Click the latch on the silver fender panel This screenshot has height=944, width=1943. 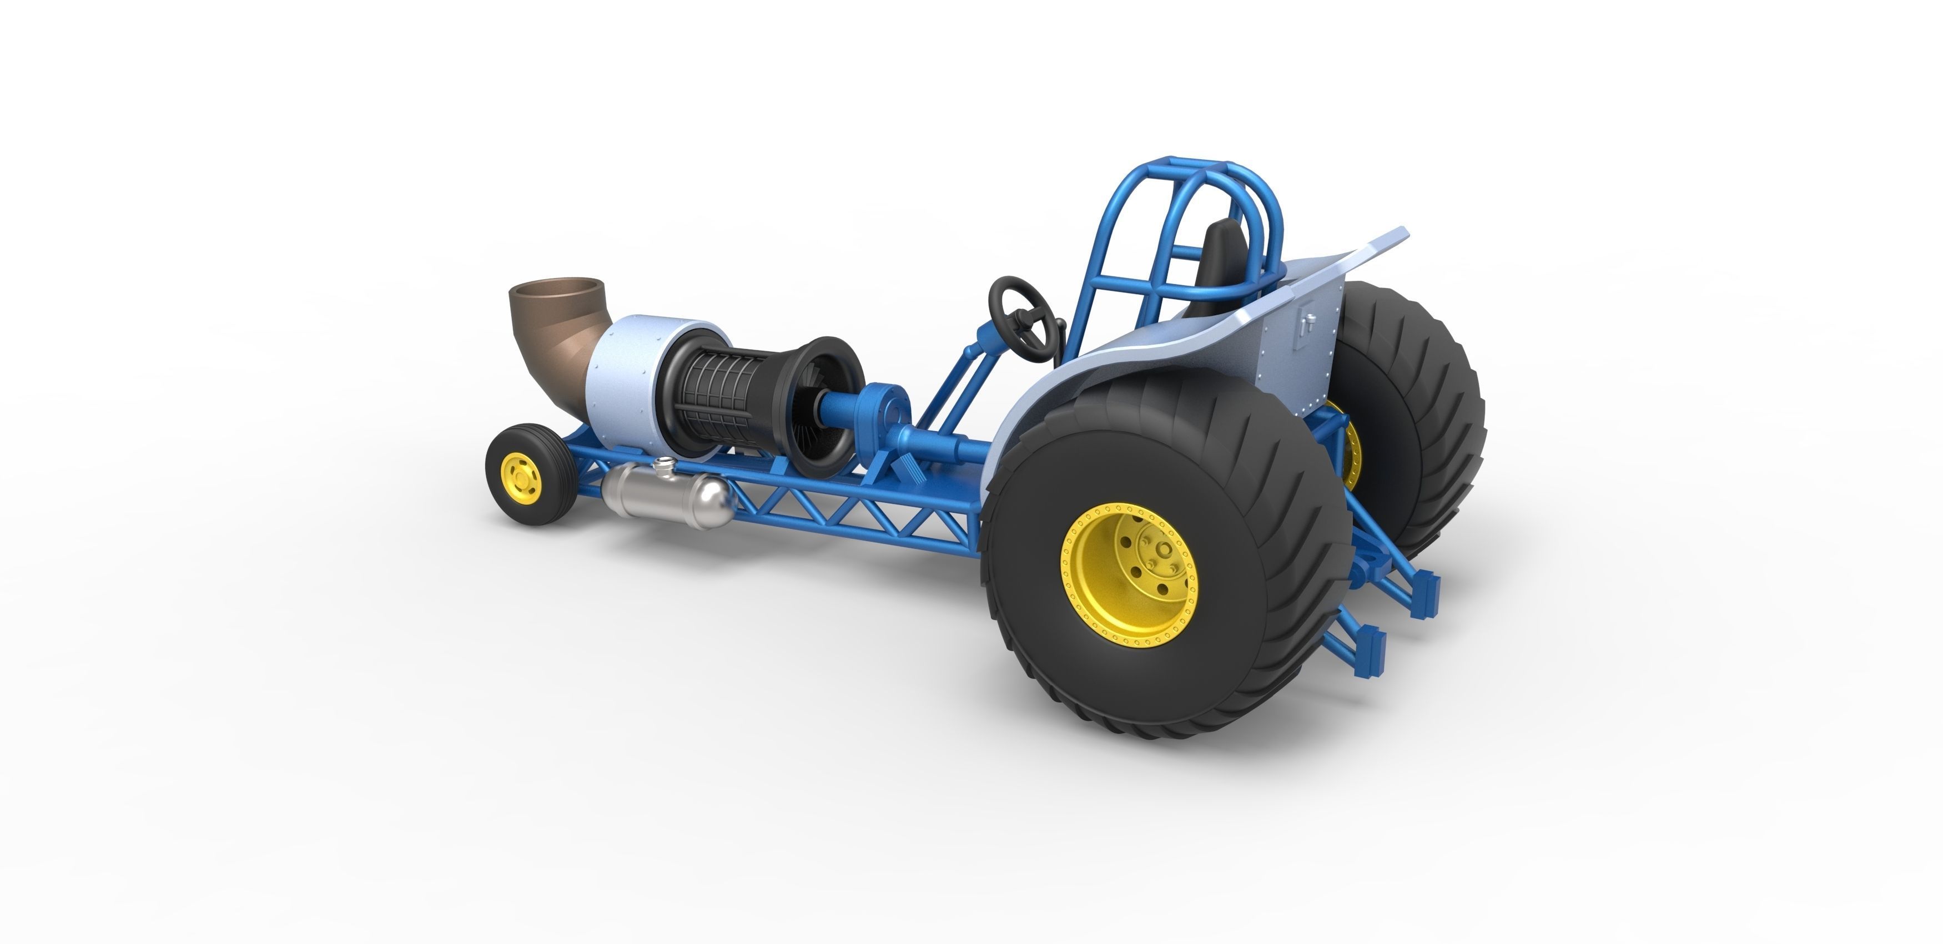1308,324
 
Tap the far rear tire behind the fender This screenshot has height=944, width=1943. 1418,422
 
